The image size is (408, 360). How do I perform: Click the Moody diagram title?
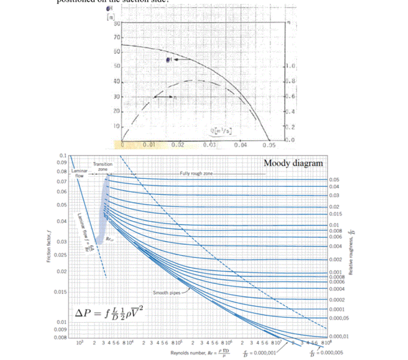[293, 163]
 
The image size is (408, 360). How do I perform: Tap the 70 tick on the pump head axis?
[117, 36]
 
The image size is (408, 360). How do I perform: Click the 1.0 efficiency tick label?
[291, 67]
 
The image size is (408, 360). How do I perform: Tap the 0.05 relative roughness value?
[333, 180]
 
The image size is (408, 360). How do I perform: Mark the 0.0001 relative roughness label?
[335, 309]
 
